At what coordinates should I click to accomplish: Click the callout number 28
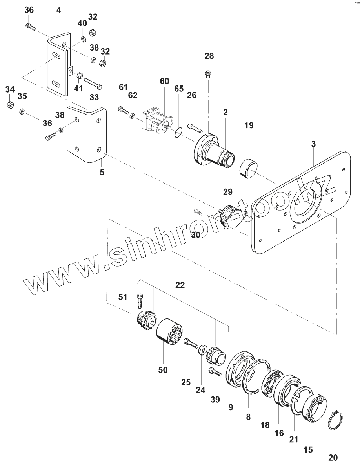tap(209, 56)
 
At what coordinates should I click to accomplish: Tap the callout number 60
tap(164, 81)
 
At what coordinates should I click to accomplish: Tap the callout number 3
tap(313, 144)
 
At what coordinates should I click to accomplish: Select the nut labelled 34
tap(11, 105)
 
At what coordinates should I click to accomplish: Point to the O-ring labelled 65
tap(178, 133)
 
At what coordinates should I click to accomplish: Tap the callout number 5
tap(102, 172)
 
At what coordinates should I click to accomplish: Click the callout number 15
tap(309, 449)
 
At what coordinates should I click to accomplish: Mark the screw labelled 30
tap(198, 212)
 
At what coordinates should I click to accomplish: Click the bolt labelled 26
tap(195, 127)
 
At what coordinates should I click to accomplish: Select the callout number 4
tap(59, 10)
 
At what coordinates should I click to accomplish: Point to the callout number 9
tap(231, 407)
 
